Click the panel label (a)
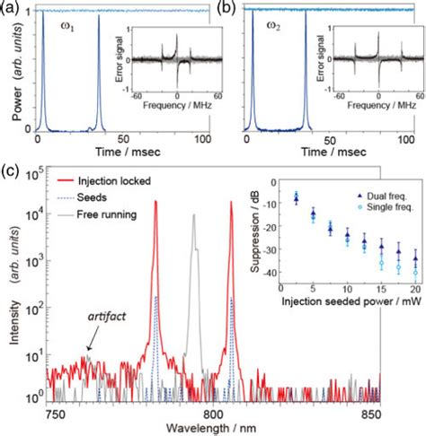tap(11, 8)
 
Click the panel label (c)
tap(11, 167)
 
